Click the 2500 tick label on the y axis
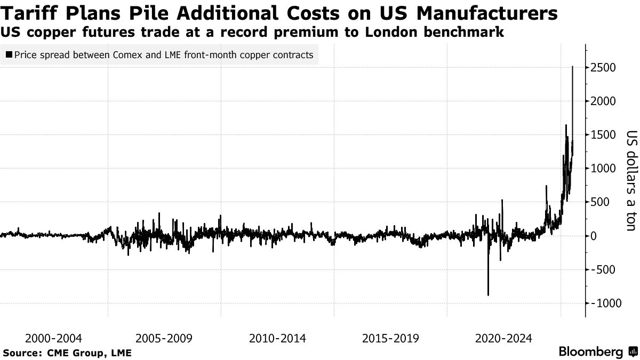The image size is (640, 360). pos(603,68)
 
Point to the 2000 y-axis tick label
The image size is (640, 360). pos(603,101)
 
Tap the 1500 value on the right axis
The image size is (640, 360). pos(603,135)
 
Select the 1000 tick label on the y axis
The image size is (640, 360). pos(603,169)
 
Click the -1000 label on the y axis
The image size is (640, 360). pos(603,303)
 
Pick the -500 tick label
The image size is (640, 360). pos(603,269)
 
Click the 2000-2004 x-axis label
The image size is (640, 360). pos(53,338)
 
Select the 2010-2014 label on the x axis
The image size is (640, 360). pos(277,338)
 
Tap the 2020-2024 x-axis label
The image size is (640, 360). pos(503,338)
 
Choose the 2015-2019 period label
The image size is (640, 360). pos(390,338)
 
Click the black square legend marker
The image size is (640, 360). pos(9,54)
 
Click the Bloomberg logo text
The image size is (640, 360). pos(590,352)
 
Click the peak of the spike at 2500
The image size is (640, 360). pos(573,67)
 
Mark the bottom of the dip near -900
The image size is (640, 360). pos(488,295)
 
